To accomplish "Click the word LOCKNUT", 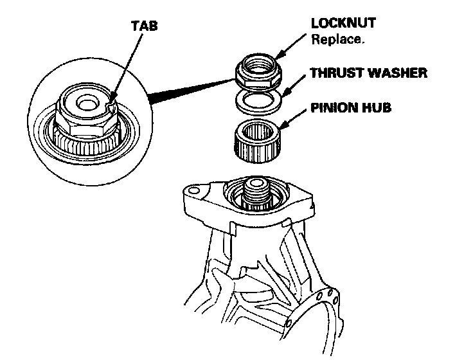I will click(x=343, y=23).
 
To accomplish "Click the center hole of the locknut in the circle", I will click(x=85, y=102).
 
